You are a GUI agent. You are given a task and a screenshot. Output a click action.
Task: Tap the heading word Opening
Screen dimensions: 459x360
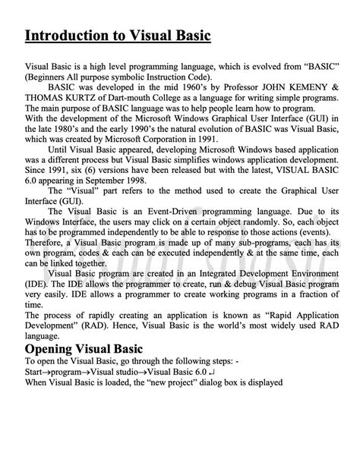click(x=54, y=348)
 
